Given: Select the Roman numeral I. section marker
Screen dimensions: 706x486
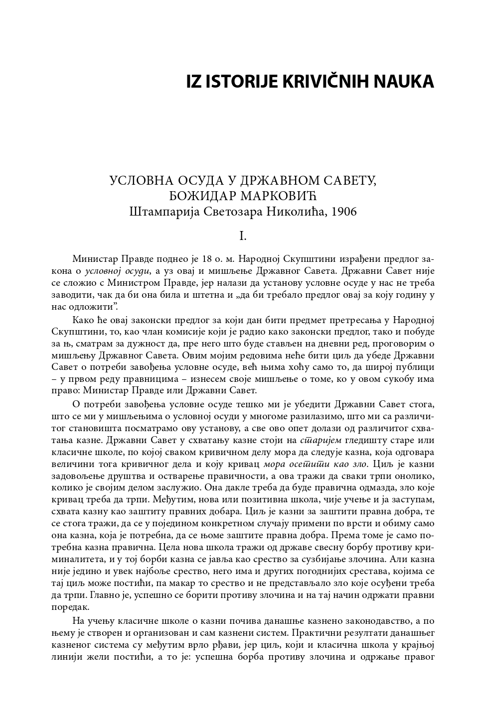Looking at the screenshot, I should (243, 236).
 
